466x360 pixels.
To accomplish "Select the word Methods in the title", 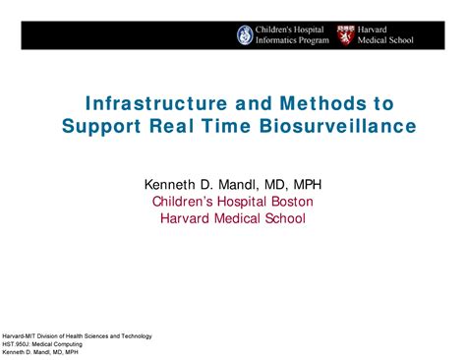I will [x=300, y=103].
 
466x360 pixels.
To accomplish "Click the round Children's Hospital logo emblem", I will [x=245, y=34].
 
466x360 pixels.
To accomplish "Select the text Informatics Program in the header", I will [x=292, y=40].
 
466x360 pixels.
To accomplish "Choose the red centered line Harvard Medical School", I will [x=233, y=217].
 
